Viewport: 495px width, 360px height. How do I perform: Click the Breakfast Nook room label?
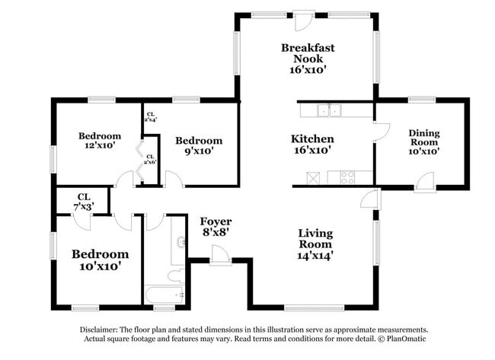click(307, 59)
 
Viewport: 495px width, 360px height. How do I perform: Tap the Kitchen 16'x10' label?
click(312, 145)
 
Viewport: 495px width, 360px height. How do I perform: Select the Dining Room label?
click(424, 142)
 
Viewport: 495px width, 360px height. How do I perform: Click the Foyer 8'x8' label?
click(216, 226)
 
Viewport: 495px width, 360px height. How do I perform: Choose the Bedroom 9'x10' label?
click(198, 145)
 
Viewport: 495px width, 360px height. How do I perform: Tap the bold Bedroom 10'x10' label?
click(100, 260)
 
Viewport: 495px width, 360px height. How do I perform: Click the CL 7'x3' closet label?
click(83, 202)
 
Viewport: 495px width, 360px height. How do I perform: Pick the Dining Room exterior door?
click(425, 183)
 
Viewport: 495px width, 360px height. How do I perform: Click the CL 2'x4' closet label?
click(151, 117)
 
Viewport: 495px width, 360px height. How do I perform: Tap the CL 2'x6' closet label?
click(150, 159)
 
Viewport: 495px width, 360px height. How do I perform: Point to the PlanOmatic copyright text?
click(401, 339)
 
